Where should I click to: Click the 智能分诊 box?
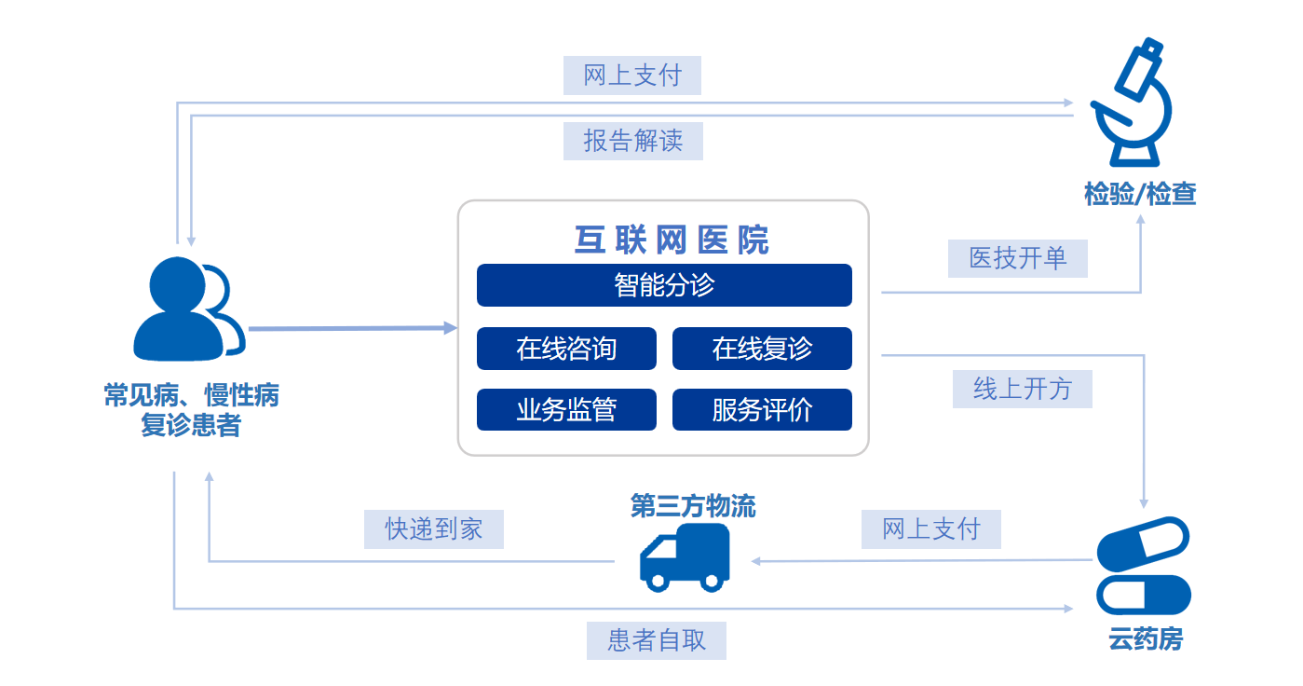pos(664,285)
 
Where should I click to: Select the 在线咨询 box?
pos(566,349)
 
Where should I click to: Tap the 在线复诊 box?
pos(762,349)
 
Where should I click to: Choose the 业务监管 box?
pos(566,410)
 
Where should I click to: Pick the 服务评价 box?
pos(762,410)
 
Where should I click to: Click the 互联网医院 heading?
pos(672,240)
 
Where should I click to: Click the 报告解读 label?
pos(633,142)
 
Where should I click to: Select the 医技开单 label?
pos(1018,258)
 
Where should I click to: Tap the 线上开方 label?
pos(1022,389)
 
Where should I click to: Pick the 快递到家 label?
pos(434,529)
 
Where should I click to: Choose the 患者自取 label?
pos(657,640)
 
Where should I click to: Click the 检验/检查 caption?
pos(1140,195)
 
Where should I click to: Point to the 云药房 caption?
pos(1145,640)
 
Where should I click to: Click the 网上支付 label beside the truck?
pos(931,529)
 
